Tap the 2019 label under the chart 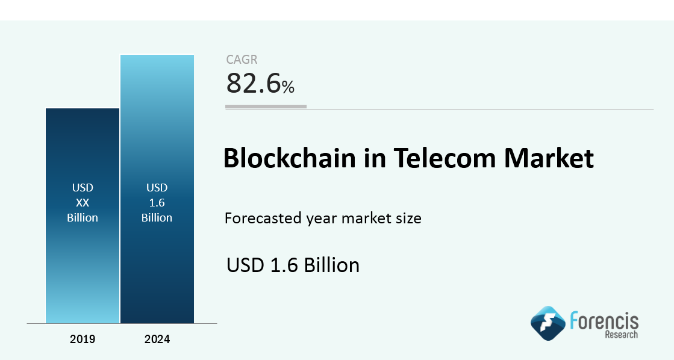click(x=83, y=340)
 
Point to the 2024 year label click(x=157, y=340)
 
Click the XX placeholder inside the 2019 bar click(x=83, y=203)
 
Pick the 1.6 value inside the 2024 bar click(x=157, y=203)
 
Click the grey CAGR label click(x=242, y=60)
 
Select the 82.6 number click(x=253, y=84)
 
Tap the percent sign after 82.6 click(x=288, y=87)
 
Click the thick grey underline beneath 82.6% click(x=266, y=106)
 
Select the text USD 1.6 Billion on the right click(x=293, y=265)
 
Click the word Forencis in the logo click(x=604, y=320)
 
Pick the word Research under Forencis click(x=621, y=335)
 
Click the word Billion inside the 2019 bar click(x=83, y=217)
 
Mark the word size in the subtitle click(x=407, y=218)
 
